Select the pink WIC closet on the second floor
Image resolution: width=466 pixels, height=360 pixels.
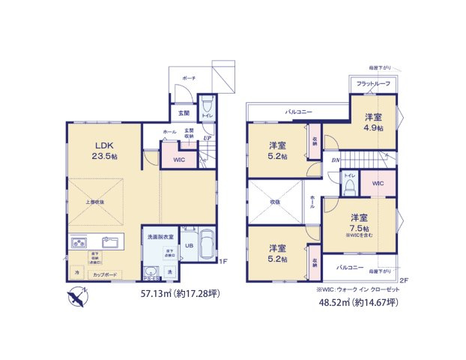pos(377,182)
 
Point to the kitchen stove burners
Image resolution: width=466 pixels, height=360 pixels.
pos(79,242)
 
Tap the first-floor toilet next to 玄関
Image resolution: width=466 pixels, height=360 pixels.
pos(208,106)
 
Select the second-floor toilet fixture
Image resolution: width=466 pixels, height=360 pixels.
pos(349,187)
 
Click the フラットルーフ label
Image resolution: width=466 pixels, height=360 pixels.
pos(372,83)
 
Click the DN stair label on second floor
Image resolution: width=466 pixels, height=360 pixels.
pos(336,160)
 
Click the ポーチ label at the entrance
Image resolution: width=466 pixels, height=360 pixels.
pos(190,77)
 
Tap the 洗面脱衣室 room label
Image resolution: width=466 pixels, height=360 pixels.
pos(160,236)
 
